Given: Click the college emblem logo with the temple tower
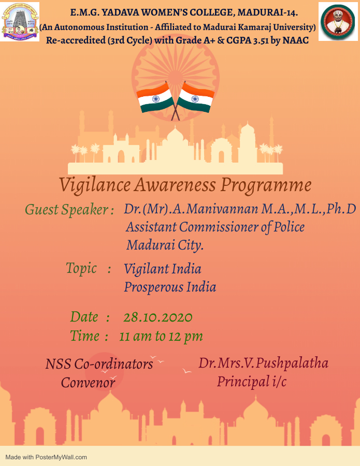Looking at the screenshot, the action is click(x=20, y=22).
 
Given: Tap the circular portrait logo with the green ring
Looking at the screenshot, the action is click(x=338, y=22).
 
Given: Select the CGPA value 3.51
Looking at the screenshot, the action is click(x=261, y=40).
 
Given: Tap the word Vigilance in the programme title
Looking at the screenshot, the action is click(x=95, y=185).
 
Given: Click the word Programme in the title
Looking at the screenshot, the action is click(x=266, y=185).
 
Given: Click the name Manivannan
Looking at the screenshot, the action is click(x=222, y=209).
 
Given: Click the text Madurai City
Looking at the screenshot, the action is click(x=165, y=245).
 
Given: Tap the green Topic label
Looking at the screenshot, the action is click(x=81, y=269).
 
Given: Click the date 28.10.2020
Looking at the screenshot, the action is click(x=158, y=317).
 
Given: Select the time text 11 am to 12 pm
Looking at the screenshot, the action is click(x=161, y=337).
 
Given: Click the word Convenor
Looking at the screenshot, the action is click(x=88, y=383).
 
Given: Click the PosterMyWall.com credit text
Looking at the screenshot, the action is click(x=46, y=457).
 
